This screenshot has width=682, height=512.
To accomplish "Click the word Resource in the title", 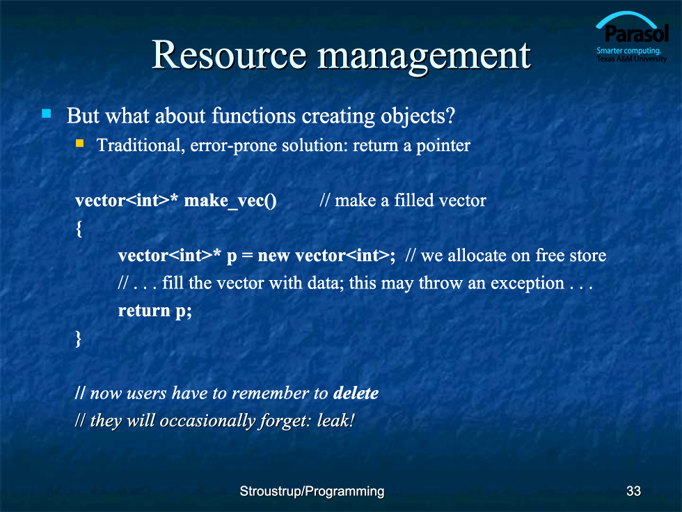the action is pos(229,55).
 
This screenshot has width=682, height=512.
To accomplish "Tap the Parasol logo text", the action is pos(637,33).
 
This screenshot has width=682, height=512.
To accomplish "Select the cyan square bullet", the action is pos(46,114).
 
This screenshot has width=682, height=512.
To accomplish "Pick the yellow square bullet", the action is pos(79,143).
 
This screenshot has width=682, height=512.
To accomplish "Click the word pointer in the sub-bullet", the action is pos(443,146).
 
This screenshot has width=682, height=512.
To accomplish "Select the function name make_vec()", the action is pos(230,201).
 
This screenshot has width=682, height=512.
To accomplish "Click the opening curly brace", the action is pos(79,228).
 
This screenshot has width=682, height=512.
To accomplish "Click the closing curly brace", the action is pos(78,339).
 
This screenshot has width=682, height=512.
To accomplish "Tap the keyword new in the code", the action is pos(273,256).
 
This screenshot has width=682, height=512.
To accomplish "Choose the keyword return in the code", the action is pos(144,311).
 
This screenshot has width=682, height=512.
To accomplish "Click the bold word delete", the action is pos(356,393).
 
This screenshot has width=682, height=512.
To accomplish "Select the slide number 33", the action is pos(633,491).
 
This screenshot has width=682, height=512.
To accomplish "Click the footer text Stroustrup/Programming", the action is pos(312,492).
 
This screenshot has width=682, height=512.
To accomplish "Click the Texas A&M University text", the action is pos(632,59).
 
